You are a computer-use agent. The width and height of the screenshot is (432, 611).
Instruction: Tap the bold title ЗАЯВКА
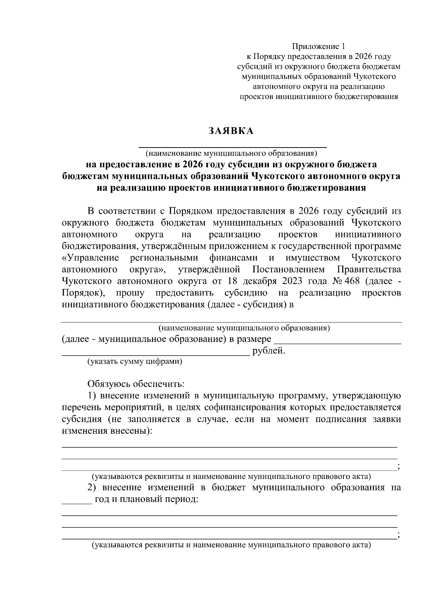coord(231,131)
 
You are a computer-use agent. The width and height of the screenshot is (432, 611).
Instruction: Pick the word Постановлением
coord(288,270)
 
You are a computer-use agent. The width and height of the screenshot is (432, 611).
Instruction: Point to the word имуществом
coord(312,258)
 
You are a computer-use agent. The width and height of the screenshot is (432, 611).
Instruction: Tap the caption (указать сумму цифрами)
coord(135,362)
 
